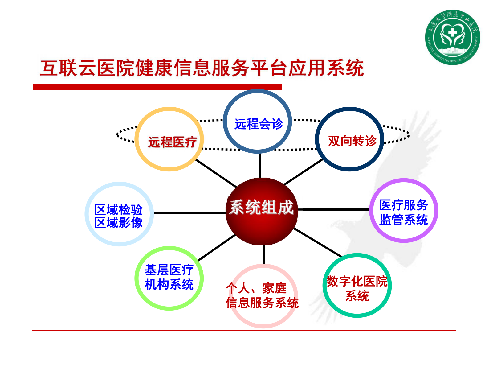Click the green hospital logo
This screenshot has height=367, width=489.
point(452,37)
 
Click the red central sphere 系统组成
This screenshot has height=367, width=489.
point(262,211)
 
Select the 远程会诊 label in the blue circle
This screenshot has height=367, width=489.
point(259,124)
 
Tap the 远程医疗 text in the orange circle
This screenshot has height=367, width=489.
point(172,142)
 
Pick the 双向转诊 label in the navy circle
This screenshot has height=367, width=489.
point(352,141)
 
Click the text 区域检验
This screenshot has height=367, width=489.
point(119,210)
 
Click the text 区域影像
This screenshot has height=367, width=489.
point(119,223)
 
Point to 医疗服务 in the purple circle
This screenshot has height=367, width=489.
point(404,205)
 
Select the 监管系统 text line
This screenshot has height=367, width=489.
point(404,220)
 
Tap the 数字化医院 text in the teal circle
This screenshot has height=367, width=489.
point(357,281)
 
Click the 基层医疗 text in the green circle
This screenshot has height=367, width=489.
point(169,270)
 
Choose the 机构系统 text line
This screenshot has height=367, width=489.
point(169,284)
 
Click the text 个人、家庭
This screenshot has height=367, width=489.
point(256,289)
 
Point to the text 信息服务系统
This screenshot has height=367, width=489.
point(262,303)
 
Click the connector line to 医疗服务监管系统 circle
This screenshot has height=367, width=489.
point(334,209)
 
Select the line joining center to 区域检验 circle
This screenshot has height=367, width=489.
point(189,213)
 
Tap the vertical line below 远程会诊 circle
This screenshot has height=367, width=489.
point(260,166)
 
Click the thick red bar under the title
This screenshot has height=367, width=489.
point(157,87)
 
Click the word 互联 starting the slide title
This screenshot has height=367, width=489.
point(59,68)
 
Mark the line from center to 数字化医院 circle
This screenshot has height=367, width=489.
point(317,243)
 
